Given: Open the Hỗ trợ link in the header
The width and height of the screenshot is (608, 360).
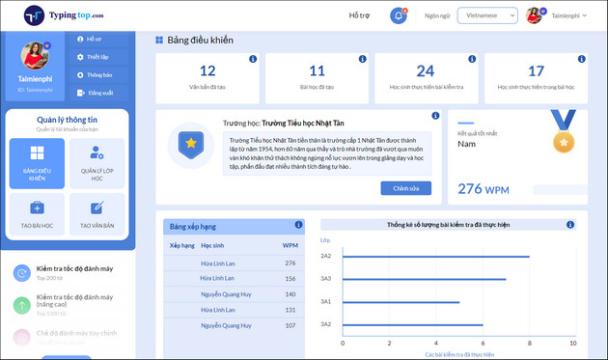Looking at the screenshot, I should tap(359, 15).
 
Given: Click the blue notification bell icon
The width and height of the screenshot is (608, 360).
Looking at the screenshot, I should tap(399, 15).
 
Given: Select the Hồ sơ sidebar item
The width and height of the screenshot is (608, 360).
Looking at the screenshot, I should tap(94, 40).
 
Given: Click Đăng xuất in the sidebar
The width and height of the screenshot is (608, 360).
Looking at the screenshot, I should tap(99, 93).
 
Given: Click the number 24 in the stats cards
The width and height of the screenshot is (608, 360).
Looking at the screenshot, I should tap(425, 70).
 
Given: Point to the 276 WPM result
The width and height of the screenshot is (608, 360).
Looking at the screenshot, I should tap(484, 188).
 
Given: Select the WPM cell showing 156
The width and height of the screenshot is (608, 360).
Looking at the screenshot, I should tap(290, 278).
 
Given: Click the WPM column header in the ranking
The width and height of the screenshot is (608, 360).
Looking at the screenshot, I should tap(290, 245).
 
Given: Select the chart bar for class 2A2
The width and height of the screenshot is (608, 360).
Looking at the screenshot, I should tap(435, 256).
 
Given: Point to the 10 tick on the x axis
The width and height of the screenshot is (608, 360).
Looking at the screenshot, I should tap(572, 344).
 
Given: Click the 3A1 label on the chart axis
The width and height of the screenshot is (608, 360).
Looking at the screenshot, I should tap(326, 301).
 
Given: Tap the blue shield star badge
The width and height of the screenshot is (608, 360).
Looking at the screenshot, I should tap(191, 144).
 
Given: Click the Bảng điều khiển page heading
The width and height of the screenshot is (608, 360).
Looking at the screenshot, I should tap(201, 41).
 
